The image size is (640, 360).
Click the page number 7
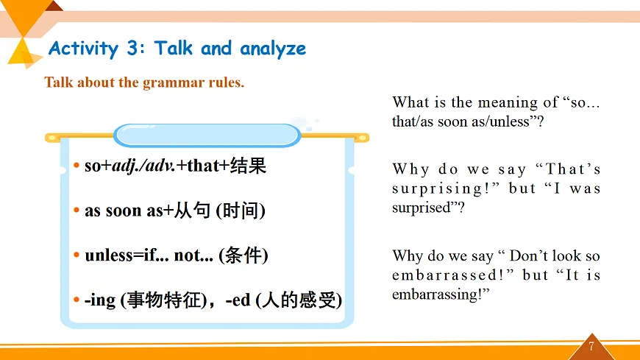[591, 347]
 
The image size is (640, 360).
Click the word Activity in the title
[84, 48]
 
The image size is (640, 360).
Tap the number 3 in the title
[132, 48]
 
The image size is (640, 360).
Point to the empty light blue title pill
[207, 135]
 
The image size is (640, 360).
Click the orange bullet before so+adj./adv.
[77, 165]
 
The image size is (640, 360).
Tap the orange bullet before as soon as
[77, 210]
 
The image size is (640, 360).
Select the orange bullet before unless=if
[77, 255]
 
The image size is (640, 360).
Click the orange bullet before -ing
[77, 300]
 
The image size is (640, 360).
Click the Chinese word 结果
[248, 166]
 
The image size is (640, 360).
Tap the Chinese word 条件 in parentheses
[243, 255]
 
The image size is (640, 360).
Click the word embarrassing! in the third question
[437, 294]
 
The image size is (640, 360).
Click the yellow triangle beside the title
[21, 53]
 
